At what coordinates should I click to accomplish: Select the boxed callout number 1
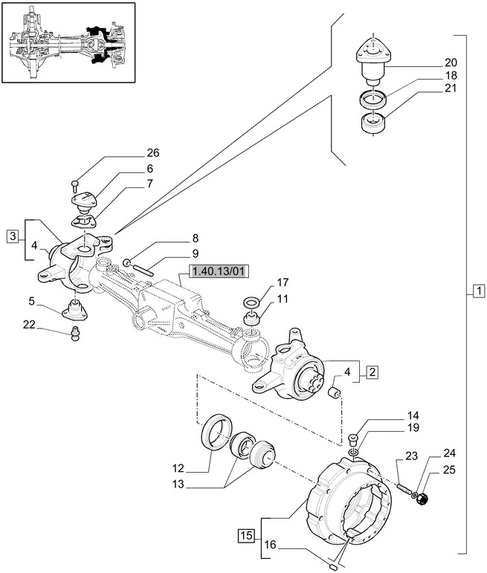478,291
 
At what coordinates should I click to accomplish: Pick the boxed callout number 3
13,236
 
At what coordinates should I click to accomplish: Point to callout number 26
153,154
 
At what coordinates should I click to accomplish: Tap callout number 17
283,282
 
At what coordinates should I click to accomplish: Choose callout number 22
29,323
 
